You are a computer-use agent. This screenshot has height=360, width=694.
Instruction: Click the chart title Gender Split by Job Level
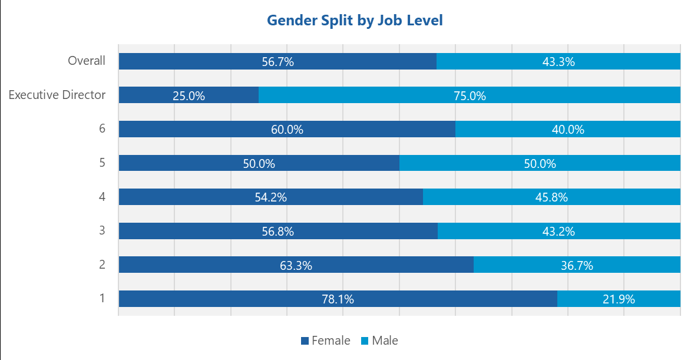tap(355, 20)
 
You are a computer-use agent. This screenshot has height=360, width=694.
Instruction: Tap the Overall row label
tap(87, 61)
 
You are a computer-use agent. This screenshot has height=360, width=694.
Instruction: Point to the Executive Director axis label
tap(57, 94)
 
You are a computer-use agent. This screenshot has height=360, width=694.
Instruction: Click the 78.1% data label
tap(338, 299)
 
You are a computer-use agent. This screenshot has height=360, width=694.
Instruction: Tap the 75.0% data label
tap(470, 96)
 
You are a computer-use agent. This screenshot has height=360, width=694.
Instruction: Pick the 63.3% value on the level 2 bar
tap(296, 266)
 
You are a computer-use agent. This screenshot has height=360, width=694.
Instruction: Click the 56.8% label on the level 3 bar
tap(277, 232)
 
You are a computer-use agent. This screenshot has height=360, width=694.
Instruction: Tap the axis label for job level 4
tap(102, 196)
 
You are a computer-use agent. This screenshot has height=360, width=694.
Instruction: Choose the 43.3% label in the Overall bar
tap(558, 62)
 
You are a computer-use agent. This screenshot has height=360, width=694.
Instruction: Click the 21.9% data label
tap(619, 299)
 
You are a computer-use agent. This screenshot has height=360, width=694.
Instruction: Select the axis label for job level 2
tap(102, 264)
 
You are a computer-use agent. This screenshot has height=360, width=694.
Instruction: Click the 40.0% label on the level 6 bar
tap(568, 130)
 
